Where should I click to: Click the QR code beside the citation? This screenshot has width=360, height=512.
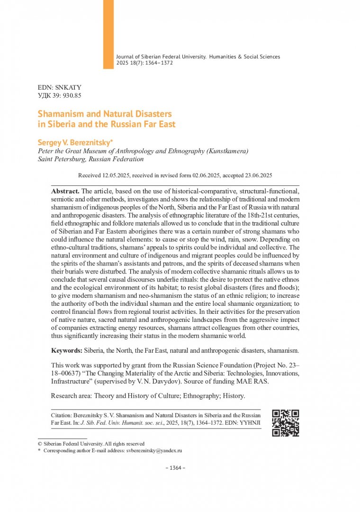coord(285,422)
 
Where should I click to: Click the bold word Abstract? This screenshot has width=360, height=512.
coord(65,191)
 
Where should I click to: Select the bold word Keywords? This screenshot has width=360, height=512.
coord(66,351)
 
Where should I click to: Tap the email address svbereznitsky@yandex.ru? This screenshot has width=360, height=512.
coord(154,451)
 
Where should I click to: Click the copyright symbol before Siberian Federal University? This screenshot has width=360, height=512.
coord(40,444)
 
